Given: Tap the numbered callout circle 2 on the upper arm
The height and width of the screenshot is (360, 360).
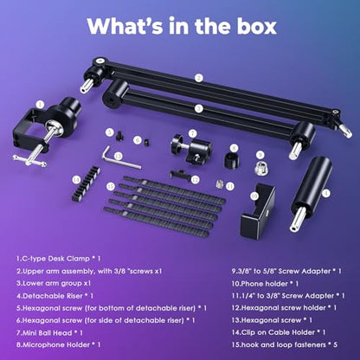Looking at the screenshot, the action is pyautogui.click(x=198, y=78).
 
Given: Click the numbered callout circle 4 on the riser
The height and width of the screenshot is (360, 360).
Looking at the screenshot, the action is pyautogui.click(x=326, y=193).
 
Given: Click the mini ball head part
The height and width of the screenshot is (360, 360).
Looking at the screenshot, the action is pyautogui.click(x=192, y=149).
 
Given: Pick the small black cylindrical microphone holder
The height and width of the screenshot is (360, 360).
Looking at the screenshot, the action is pyautogui.click(x=232, y=160).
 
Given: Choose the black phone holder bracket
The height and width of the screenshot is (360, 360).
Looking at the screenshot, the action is pyautogui.click(x=258, y=209).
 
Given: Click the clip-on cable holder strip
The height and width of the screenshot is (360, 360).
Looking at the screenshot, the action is pyautogui.click(x=86, y=183).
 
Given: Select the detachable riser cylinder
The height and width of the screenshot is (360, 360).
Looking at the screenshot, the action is pyautogui.click(x=312, y=194).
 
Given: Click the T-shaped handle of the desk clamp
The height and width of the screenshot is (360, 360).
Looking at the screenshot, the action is pyautogui.click(x=29, y=160).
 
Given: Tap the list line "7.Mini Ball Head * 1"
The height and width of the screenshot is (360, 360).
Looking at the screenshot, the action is pyautogui.click(x=49, y=333).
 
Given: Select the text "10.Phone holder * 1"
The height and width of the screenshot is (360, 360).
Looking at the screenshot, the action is pyautogui.click(x=265, y=284).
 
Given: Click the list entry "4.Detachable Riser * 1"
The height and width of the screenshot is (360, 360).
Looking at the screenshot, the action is pyautogui.click(x=55, y=296).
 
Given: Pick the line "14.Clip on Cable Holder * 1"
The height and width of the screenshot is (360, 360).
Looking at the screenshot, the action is pyautogui.click(x=279, y=332).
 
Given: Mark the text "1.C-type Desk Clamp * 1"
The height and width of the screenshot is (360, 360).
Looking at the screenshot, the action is pyautogui.click(x=58, y=259).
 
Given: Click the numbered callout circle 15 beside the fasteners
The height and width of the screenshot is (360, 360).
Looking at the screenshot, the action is pyautogui.click(x=111, y=186).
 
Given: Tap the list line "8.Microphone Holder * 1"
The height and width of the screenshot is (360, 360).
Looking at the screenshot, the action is pyautogui.click(x=59, y=344).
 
